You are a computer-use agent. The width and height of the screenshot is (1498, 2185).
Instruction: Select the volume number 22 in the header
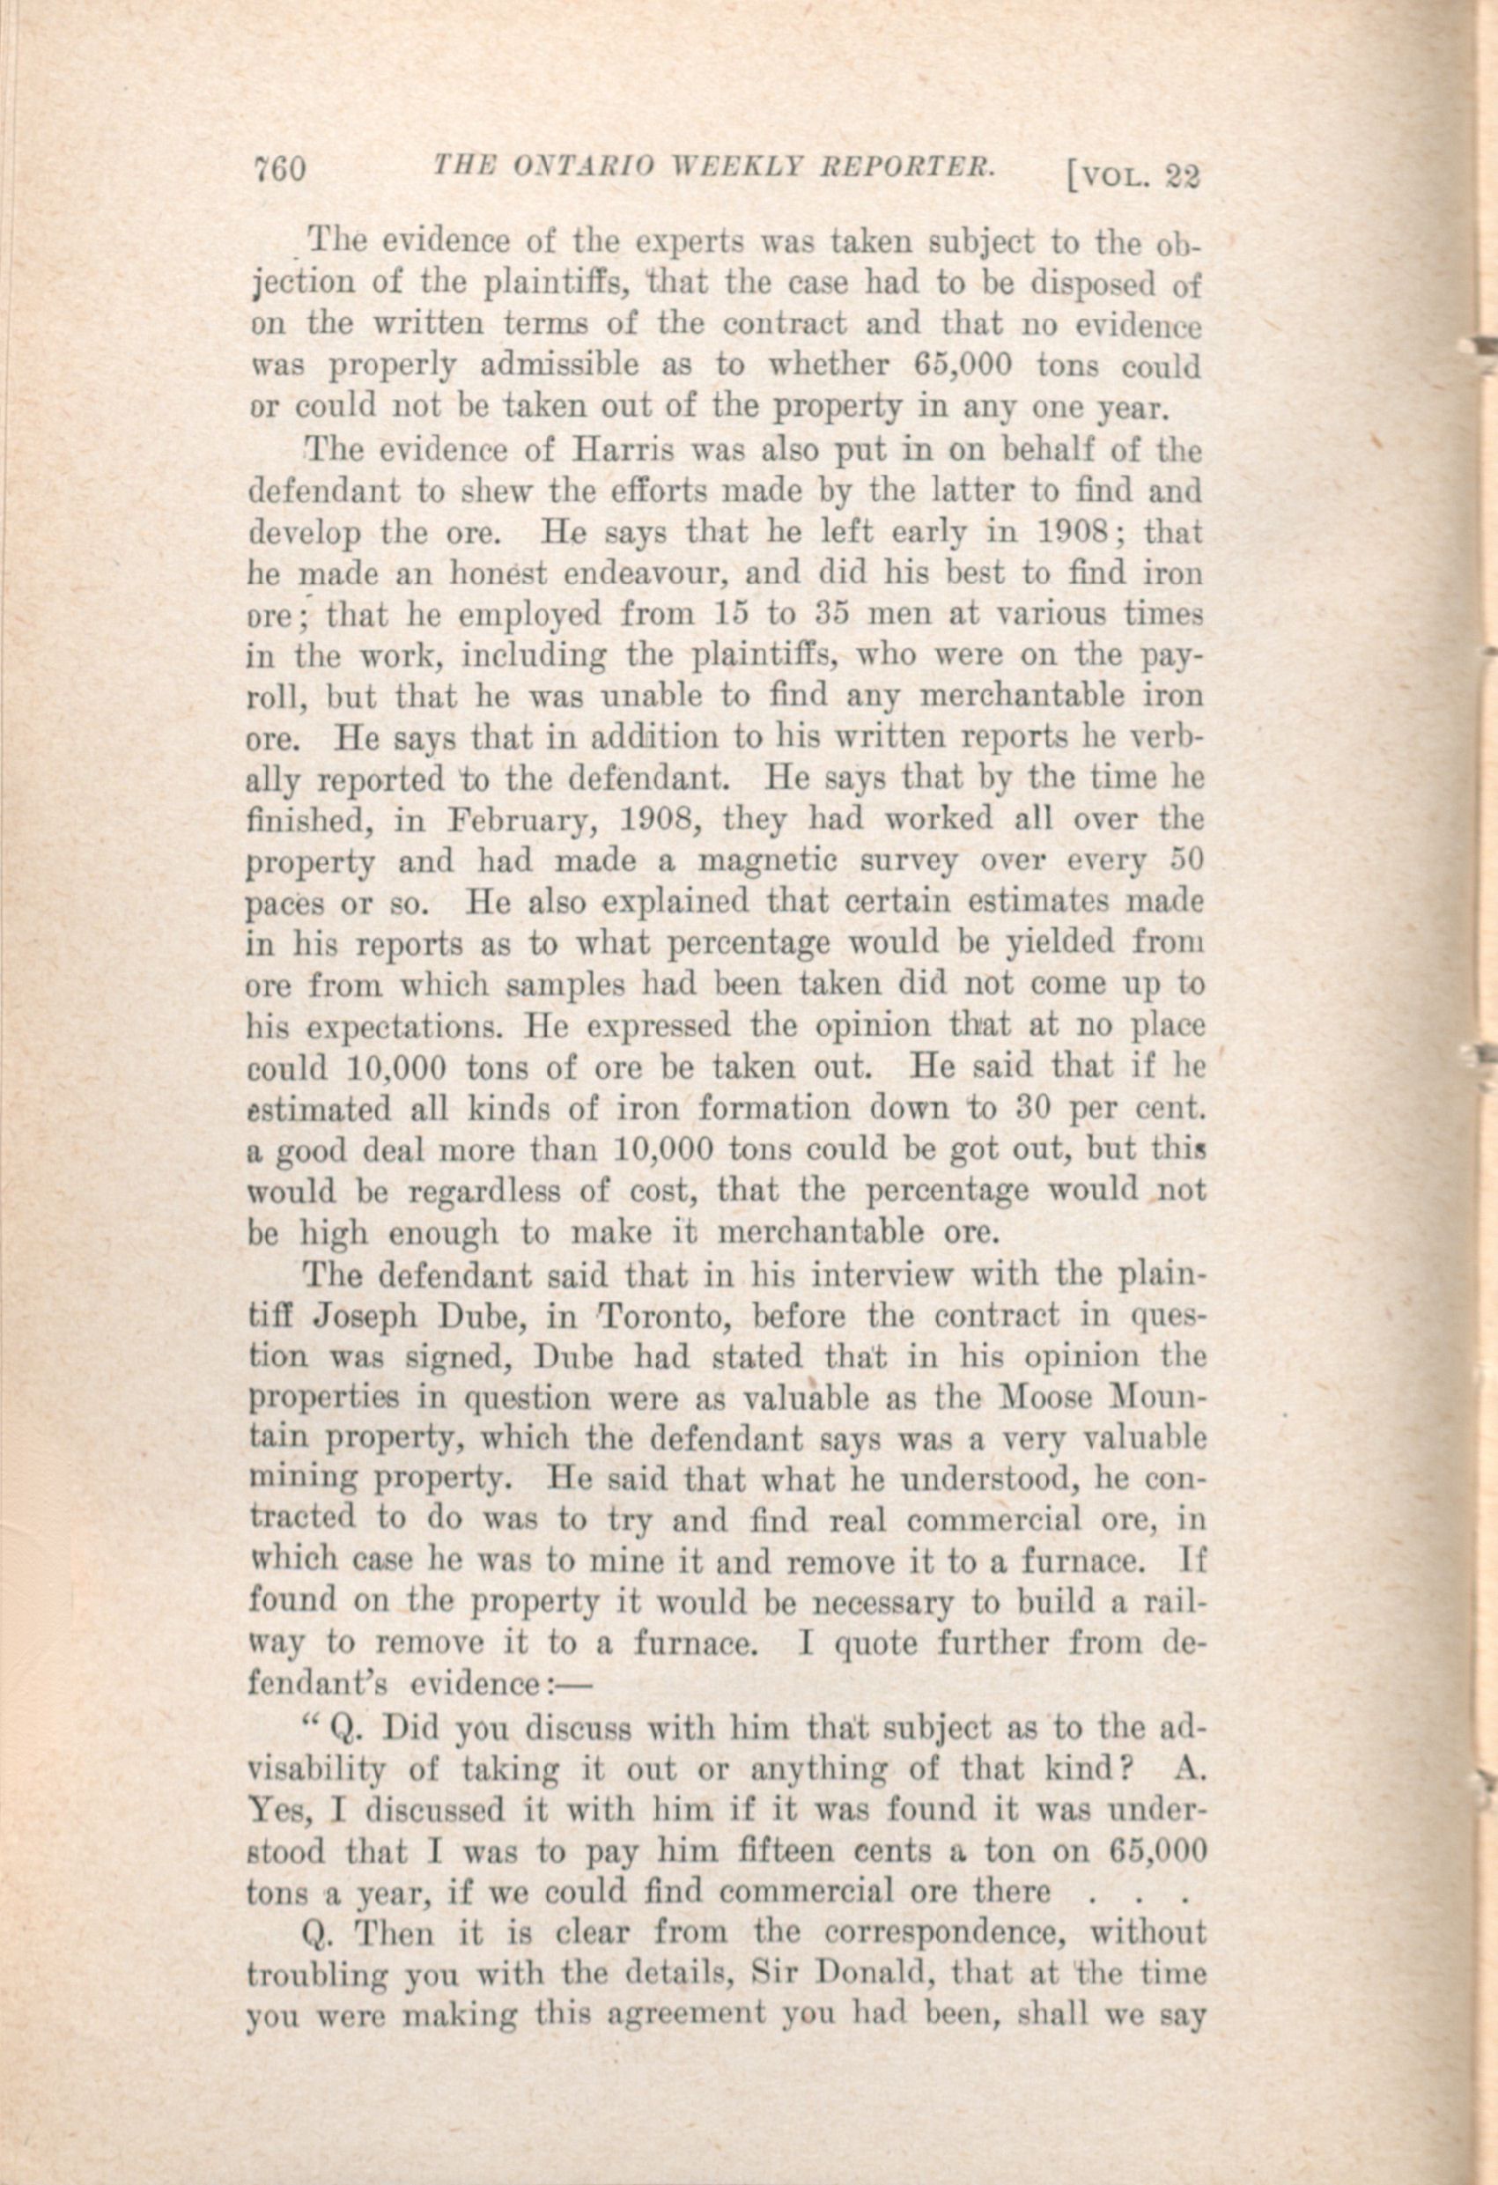pos(1182,178)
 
